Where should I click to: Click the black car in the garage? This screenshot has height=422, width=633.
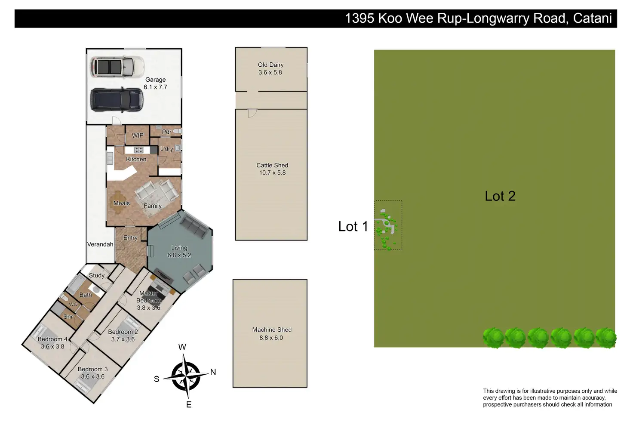pos(116,100)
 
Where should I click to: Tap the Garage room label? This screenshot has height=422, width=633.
pos(155,80)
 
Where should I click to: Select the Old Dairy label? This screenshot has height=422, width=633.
pos(270,65)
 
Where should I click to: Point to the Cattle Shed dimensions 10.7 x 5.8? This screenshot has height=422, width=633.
pos(272,172)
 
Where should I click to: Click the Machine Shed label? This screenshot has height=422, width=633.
pos(272,330)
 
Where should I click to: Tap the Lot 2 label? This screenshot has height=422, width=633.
pos(500,196)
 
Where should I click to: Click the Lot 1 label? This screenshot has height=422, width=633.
pos(353,226)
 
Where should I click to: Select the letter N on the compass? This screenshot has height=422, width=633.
pos(213,372)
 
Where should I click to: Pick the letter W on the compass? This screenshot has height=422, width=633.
pos(182,347)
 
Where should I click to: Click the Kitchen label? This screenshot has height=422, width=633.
pos(136,159)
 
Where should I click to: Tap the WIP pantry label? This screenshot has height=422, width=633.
pos(138,136)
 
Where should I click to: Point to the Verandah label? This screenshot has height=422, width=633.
pos(100,244)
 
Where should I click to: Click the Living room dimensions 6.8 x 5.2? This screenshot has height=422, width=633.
pos(179,255)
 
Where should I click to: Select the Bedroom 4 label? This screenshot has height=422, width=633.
pos(52,339)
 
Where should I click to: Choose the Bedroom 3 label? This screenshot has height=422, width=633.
pos(92,369)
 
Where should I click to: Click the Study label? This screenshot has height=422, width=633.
pos(97,275)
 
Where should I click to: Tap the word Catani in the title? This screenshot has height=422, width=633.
pos(592,18)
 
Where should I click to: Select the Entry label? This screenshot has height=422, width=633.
pos(130,238)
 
